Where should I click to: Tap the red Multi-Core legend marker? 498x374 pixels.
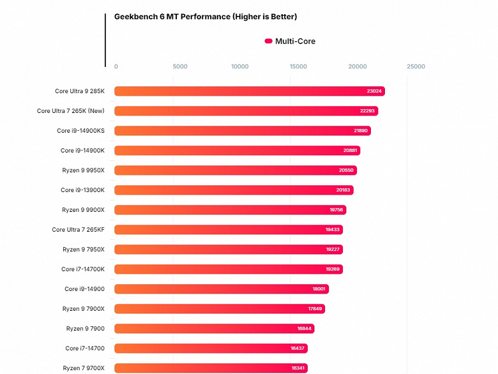(x=268, y=41)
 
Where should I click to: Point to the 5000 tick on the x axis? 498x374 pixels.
(x=180, y=66)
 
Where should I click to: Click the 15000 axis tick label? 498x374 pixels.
(x=298, y=66)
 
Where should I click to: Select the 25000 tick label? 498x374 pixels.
(x=416, y=66)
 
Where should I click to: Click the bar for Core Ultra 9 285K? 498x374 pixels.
(x=249, y=91)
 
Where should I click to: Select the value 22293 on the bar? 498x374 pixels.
(x=367, y=111)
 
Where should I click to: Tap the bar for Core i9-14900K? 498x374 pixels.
(x=237, y=151)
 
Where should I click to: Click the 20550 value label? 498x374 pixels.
(x=346, y=170)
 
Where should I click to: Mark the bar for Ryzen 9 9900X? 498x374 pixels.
(x=230, y=210)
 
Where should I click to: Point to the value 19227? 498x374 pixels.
(x=333, y=250)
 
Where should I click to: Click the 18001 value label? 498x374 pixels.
(x=319, y=289)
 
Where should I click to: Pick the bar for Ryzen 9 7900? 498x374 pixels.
(x=214, y=329)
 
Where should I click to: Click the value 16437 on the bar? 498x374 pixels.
(x=298, y=348)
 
